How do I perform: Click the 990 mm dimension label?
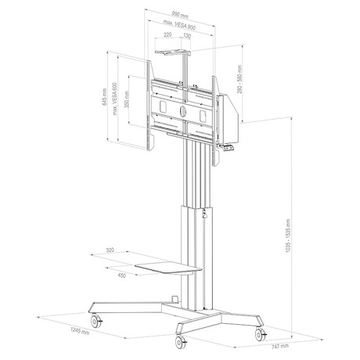pos(180,15)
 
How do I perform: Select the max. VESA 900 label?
pos(179,25)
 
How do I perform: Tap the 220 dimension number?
pos(167,34)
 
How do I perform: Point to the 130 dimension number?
pos(187,36)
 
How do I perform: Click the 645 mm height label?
pos(104,96)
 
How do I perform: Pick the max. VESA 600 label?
pos(115,99)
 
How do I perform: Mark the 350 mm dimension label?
pos(127,99)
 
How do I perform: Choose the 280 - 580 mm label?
pos(239,79)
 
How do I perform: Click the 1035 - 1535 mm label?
pos(288,236)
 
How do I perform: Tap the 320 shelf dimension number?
pos(110,250)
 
